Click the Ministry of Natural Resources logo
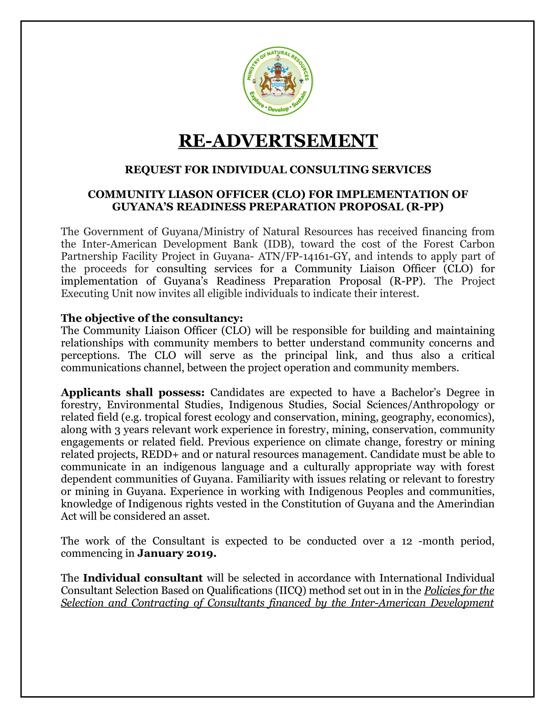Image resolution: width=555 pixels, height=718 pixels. coord(278,81)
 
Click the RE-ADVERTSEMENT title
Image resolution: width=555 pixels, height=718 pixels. coord(278,141)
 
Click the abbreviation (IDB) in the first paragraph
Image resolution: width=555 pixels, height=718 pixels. coord(278,244)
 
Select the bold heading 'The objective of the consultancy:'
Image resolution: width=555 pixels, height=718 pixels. coord(151,318)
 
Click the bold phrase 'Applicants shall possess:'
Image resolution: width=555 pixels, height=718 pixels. coord(133,392)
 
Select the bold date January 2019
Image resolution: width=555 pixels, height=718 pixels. coord(177,553)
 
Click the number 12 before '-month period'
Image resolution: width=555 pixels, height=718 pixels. coord(407,541)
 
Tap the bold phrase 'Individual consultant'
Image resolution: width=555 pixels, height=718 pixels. coord(143,578)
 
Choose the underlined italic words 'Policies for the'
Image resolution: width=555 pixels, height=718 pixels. coord(459,590)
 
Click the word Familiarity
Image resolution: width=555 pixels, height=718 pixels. coord(263,479)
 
